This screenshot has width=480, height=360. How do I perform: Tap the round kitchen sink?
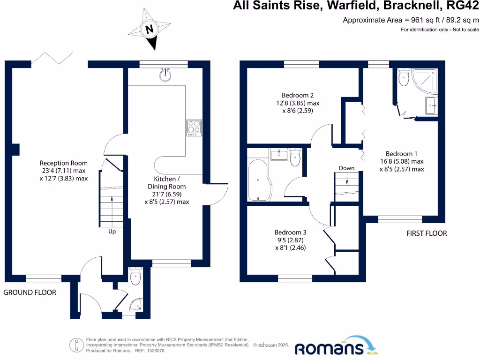(x=165, y=75)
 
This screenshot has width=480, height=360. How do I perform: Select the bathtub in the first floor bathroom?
(x=257, y=179)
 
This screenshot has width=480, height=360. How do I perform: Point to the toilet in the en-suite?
(x=403, y=78)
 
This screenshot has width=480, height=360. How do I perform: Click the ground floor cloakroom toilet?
(x=135, y=276)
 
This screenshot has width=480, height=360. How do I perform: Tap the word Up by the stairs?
(x=112, y=232)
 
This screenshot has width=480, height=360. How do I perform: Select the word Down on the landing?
(x=346, y=168)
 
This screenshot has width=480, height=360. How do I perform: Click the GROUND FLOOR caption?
(x=30, y=292)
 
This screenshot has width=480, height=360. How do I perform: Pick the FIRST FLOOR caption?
(x=427, y=233)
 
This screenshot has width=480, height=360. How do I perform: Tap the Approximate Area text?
(x=411, y=20)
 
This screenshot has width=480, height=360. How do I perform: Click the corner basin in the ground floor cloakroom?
(x=136, y=305)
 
